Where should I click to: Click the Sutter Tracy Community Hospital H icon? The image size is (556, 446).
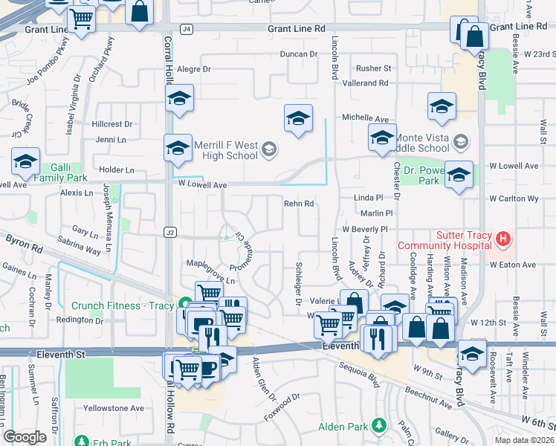[504, 239]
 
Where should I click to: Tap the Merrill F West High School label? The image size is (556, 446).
[226, 150]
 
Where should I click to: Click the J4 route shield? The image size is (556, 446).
[187, 29]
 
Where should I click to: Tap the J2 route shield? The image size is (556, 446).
[170, 233]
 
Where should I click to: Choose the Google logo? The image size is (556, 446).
[25, 437]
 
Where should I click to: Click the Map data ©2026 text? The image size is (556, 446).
[524, 440]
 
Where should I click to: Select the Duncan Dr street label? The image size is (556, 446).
[299, 54]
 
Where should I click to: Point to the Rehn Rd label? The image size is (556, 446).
[299, 204]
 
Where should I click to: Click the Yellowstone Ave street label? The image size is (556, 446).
[114, 408]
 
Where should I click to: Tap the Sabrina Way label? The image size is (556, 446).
[82, 251]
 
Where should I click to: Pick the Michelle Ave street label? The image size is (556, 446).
[365, 118]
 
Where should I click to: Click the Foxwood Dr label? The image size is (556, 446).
[280, 406]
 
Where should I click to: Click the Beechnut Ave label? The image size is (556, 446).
[427, 398]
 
